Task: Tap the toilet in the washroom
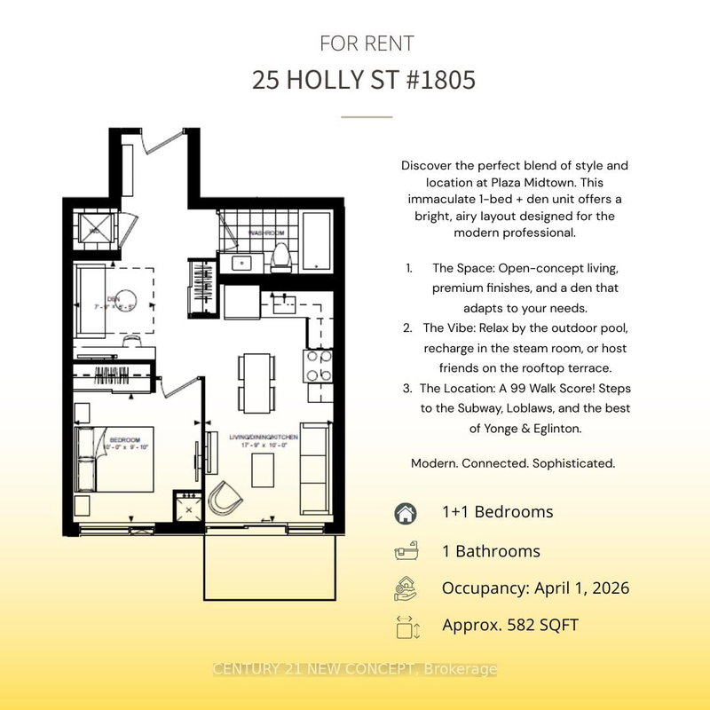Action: coord(280,256)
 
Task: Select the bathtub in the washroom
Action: coord(315,242)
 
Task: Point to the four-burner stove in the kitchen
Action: coord(319,366)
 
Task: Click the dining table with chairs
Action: coord(256,383)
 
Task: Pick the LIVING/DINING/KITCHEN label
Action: coord(264,438)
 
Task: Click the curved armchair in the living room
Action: coord(226,498)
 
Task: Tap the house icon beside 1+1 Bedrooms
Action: coord(405,512)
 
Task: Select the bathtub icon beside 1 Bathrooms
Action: coord(405,551)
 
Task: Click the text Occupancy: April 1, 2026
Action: coord(535,588)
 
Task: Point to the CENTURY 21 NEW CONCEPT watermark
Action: coord(355,669)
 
